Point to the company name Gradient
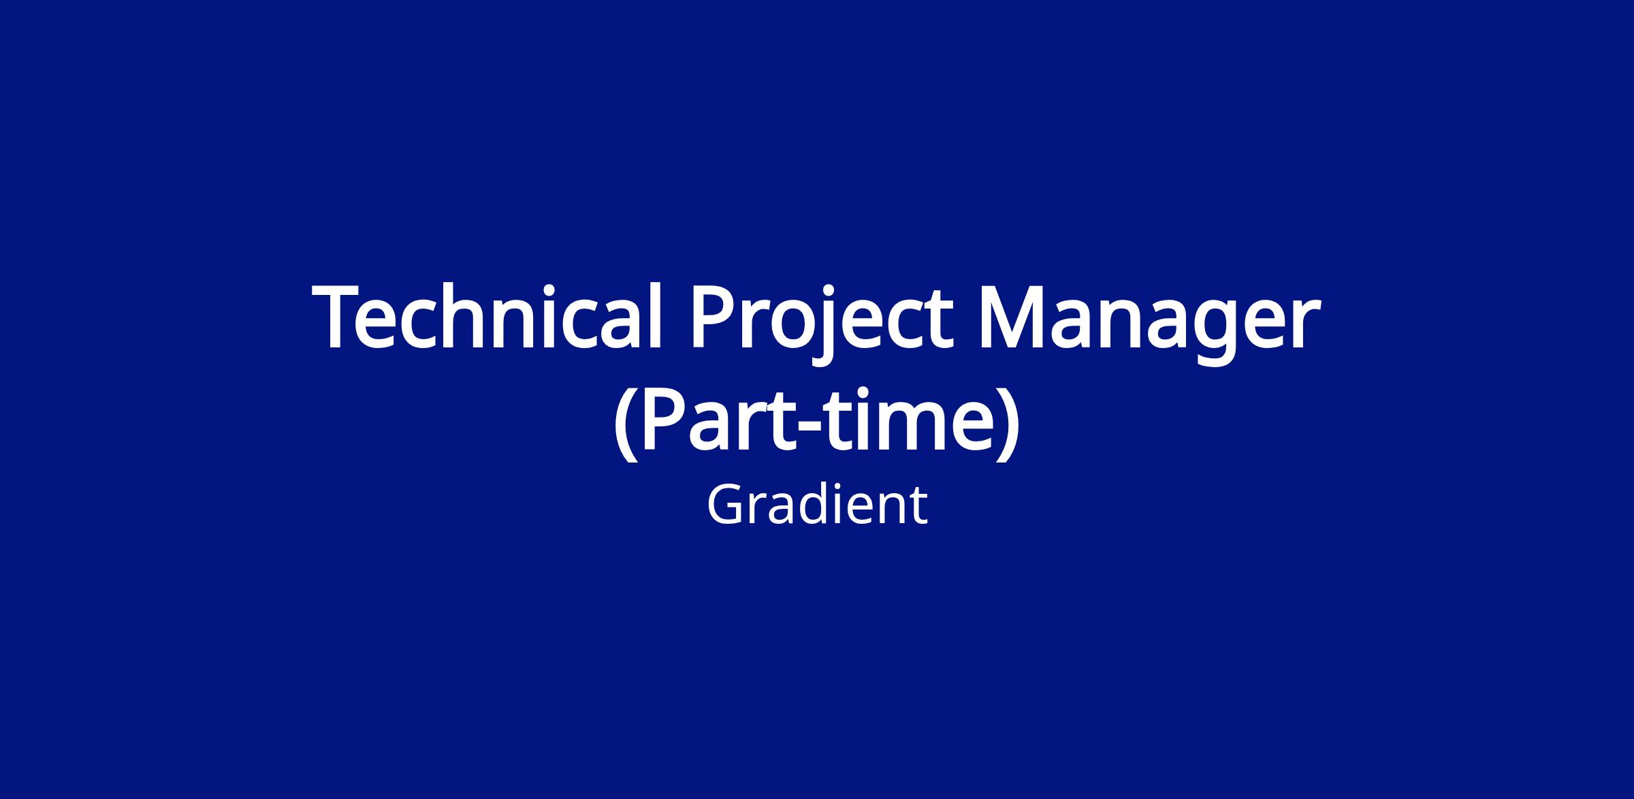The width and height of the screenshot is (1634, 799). [x=817, y=505]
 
